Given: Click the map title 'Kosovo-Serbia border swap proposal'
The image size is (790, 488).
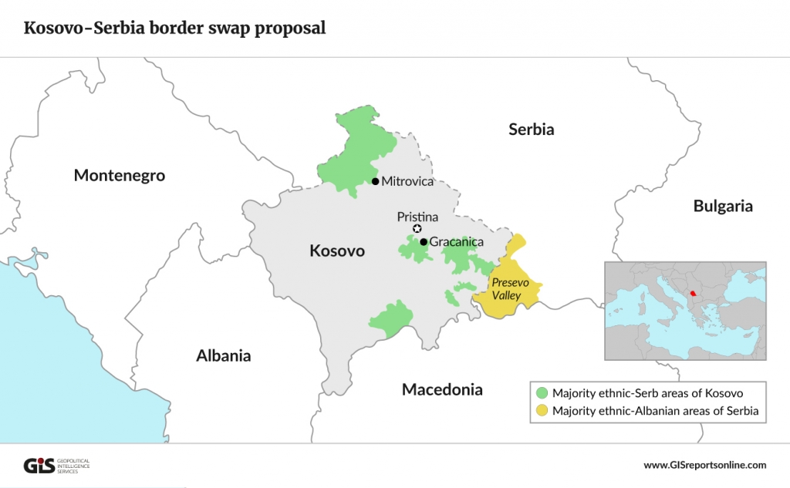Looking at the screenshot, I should [174, 29].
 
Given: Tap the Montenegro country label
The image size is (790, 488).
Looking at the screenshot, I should [120, 176].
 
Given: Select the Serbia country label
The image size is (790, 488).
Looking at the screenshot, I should [531, 130].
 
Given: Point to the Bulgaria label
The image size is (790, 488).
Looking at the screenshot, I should [722, 206].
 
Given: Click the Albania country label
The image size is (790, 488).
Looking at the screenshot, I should [224, 356].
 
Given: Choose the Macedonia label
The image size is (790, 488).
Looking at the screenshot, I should [442, 389].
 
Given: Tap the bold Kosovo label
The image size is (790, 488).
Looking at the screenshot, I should [337, 251].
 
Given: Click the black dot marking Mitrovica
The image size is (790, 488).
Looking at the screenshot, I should [375, 181].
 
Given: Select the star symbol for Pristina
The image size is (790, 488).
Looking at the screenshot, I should [417, 229].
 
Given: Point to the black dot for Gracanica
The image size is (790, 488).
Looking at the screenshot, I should [424, 241].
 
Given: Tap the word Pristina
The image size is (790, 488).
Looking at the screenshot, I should [417, 217].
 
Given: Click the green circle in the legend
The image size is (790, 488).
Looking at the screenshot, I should [541, 393].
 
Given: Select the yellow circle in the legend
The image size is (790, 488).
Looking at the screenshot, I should [541, 411].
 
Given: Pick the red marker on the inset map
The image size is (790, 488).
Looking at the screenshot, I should [692, 293].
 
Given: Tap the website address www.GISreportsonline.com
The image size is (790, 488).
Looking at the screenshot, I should [704, 465].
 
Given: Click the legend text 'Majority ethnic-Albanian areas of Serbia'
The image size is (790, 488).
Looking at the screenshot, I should [656, 411].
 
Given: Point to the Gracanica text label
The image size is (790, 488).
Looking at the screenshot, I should [457, 242].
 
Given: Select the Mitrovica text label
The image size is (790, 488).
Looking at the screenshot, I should [408, 182].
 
